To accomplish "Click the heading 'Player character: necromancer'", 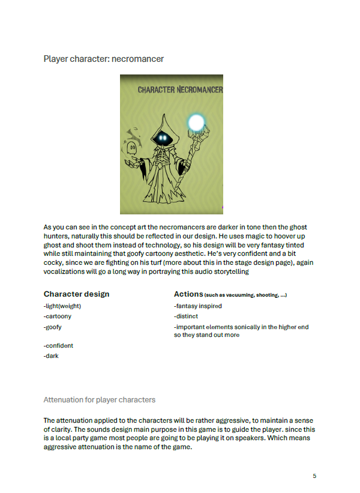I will coord(104,59).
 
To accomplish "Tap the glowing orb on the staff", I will coord(196,122).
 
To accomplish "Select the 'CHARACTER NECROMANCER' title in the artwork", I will coord(180,90).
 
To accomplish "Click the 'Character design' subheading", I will coord(76,294).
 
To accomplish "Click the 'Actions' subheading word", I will coord(188,294).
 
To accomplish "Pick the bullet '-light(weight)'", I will coord(62,306).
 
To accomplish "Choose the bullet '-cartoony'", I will coord(58,316).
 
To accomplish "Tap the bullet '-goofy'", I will coord(53,327).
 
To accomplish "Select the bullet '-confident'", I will coord(58,346).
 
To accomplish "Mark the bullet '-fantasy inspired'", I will coord(198,306).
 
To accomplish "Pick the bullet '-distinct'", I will coord(186,316).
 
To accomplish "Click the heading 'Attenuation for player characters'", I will coord(100,399).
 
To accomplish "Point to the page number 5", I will coord(314,476).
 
